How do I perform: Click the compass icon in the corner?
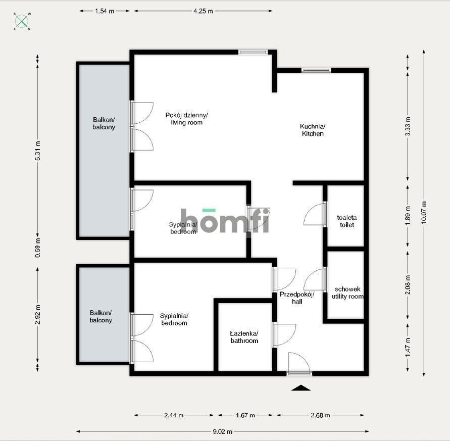22,21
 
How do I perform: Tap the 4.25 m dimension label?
203,11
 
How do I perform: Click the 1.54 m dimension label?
105,11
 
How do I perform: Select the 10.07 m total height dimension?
424,212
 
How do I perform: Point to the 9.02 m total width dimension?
223,431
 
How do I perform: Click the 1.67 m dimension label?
245,415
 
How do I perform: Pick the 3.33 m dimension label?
408,126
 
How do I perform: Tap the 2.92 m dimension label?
37,315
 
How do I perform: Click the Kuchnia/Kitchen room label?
313,130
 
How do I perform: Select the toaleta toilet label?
346,221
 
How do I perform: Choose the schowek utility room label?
347,292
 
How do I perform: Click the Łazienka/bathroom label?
244,337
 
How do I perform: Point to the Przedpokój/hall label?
297,298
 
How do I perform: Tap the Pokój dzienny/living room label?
186,119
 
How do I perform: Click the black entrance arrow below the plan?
301,388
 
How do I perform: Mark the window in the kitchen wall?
316,70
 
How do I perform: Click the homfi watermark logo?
225,220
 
